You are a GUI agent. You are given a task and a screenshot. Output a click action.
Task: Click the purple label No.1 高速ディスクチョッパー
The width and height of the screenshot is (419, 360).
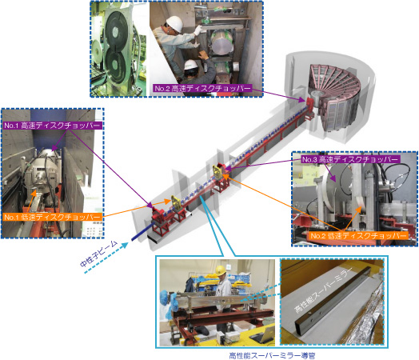[x=53, y=126]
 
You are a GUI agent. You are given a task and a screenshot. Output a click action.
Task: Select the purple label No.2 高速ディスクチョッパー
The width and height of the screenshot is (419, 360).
[x=202, y=88]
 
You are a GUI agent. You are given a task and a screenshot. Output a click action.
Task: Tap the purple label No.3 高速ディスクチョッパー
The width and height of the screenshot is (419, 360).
[x=350, y=159]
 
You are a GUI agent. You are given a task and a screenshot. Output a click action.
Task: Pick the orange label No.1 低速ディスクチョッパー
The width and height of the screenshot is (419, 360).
[x=53, y=217]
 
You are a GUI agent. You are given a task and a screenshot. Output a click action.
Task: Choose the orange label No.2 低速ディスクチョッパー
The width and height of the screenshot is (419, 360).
[x=358, y=235]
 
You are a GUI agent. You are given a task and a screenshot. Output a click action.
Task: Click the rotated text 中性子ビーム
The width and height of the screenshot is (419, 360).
[x=98, y=254]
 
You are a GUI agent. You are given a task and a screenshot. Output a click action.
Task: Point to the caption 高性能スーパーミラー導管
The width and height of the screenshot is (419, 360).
[x=272, y=355]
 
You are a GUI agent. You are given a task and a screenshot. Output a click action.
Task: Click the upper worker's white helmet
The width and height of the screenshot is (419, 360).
[x=175, y=23]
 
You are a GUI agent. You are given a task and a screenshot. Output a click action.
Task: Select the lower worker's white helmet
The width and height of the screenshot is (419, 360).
[x=190, y=64]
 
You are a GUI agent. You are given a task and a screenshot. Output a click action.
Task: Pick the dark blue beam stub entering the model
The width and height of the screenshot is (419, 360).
[x=141, y=233]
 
